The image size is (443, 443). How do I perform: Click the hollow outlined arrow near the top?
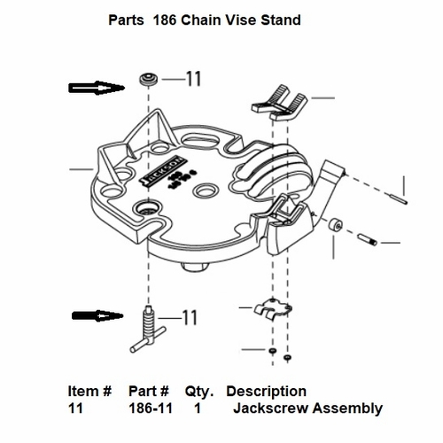(97, 87)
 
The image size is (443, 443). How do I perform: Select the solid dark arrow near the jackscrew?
(97, 315)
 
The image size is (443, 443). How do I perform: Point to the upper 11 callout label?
(193, 80)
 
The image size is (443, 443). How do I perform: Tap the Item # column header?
(89, 391)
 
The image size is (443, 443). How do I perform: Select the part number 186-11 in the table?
(148, 408)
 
